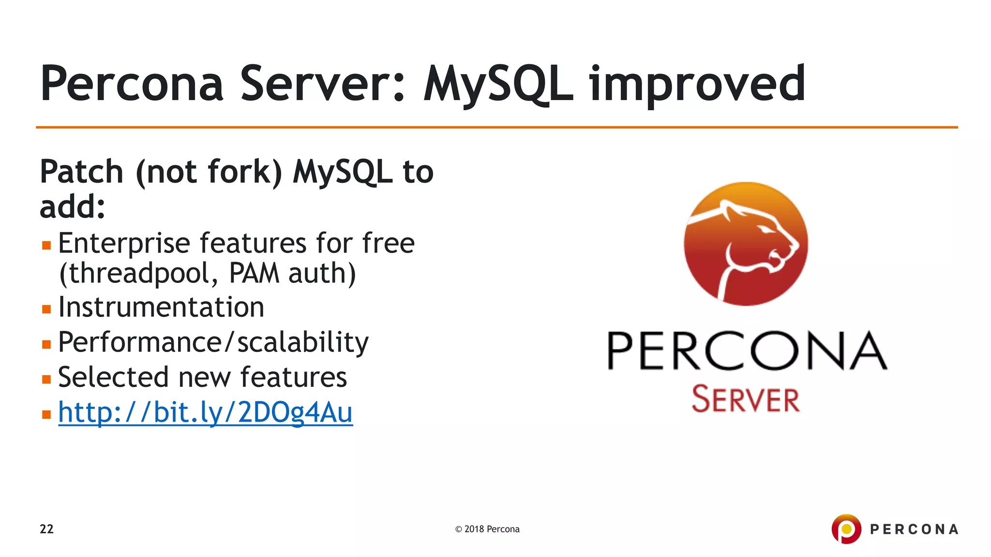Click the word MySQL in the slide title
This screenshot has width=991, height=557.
pyautogui.click(x=498, y=85)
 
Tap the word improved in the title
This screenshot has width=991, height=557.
pyautogui.click(x=697, y=85)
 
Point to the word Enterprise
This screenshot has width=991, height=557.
pyautogui.click(x=124, y=243)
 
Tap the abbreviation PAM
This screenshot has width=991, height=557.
pyautogui.click(x=254, y=273)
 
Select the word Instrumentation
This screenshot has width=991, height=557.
pyautogui.click(x=161, y=308)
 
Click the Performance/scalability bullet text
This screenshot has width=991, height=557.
pyautogui.click(x=213, y=343)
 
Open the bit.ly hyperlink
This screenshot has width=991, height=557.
pyautogui.click(x=205, y=412)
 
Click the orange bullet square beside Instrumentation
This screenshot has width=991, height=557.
pyautogui.click(x=46, y=309)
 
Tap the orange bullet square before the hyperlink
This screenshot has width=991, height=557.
pyautogui.click(x=46, y=414)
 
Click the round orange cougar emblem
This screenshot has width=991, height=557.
pyautogui.click(x=745, y=244)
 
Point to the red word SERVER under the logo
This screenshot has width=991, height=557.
pyautogui.click(x=745, y=399)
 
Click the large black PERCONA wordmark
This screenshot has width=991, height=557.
pyautogui.click(x=747, y=351)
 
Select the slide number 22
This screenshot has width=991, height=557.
pyautogui.click(x=46, y=529)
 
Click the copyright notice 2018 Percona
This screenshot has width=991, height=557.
pyautogui.click(x=487, y=529)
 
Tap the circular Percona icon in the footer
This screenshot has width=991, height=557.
pyautogui.click(x=846, y=528)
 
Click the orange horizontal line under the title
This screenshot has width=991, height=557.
pyautogui.click(x=496, y=127)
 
